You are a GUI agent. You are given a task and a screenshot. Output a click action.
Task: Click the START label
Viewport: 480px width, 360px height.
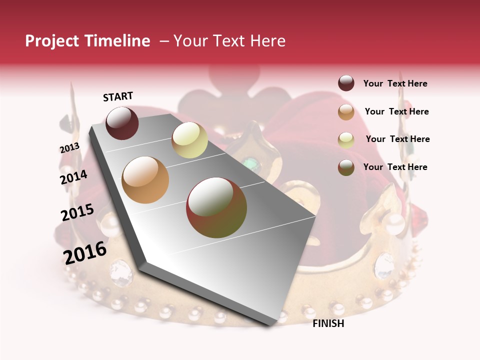click(118, 96)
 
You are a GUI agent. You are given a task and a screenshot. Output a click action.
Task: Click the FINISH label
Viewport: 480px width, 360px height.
click(328, 323)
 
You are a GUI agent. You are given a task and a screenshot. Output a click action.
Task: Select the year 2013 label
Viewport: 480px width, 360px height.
click(69, 148)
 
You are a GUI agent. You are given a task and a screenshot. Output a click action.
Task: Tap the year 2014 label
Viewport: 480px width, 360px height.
click(73, 177)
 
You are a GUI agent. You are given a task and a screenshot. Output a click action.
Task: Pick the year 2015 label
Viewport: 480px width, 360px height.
click(77, 213)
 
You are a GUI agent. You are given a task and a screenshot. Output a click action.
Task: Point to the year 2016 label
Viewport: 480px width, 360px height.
click(85, 253)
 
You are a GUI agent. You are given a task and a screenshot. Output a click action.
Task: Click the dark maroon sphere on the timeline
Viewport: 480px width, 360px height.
click(122, 123)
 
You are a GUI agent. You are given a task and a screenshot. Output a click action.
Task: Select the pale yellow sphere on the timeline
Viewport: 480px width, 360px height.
click(189, 140)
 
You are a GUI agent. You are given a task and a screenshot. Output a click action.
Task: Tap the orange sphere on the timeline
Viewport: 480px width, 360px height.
click(145, 180)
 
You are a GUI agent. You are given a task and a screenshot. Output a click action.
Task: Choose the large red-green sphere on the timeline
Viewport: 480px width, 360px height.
click(216, 207)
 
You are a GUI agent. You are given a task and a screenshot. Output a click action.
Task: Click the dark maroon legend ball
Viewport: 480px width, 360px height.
click(346, 83)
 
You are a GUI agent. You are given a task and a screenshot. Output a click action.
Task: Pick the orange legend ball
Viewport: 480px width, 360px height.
click(346, 112)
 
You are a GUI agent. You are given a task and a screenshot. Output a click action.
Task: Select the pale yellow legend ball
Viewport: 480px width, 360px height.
click(346, 139)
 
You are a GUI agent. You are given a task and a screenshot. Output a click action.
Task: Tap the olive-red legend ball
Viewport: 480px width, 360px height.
click(346, 167)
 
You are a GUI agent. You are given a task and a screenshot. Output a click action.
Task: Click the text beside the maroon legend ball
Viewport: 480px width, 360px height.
click(395, 83)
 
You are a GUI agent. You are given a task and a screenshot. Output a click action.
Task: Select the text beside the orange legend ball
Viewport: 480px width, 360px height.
click(396, 111)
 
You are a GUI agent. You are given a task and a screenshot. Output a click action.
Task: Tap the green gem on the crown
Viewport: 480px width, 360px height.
click(248, 162)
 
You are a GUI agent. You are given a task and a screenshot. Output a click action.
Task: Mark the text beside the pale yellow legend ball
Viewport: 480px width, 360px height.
click(397, 139)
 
